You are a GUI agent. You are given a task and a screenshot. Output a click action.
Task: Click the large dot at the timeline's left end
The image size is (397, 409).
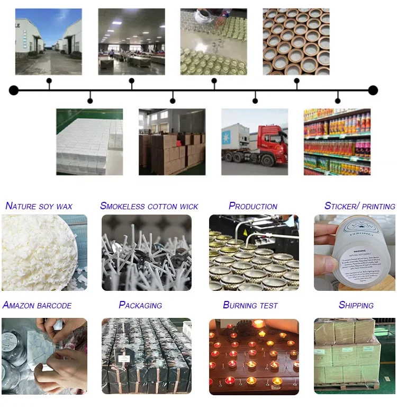point(14,90)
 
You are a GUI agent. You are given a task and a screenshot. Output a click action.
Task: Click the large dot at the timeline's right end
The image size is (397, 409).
point(373,90)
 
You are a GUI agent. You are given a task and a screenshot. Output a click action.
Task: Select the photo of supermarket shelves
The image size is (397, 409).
point(337,141)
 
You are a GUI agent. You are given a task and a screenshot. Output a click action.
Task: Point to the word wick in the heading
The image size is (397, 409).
point(188,206)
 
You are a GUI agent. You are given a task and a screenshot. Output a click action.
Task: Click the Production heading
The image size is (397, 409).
point(253,206)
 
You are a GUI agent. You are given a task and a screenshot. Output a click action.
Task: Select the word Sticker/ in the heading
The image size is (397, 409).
point(342,206)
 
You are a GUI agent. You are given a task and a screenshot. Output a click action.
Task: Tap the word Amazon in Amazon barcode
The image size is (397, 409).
point(19,305)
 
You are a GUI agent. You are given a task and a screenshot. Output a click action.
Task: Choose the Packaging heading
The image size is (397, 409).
point(140,305)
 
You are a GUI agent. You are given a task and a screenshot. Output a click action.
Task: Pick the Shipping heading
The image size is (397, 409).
point(356,305)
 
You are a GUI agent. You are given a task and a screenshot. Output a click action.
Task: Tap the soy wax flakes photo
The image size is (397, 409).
point(44,253)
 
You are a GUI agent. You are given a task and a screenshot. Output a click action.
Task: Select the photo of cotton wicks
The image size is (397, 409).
point(146,253)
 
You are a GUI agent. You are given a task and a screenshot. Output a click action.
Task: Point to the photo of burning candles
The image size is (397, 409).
point(254,355)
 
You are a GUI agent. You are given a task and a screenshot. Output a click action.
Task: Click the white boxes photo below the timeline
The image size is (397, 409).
point(89,141)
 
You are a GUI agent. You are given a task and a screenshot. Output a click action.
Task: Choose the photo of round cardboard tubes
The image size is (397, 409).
point(296,41)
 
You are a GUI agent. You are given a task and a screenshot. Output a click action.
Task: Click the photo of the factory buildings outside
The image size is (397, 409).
point(48,41)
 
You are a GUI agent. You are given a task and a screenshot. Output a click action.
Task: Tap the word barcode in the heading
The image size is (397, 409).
point(55,305)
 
